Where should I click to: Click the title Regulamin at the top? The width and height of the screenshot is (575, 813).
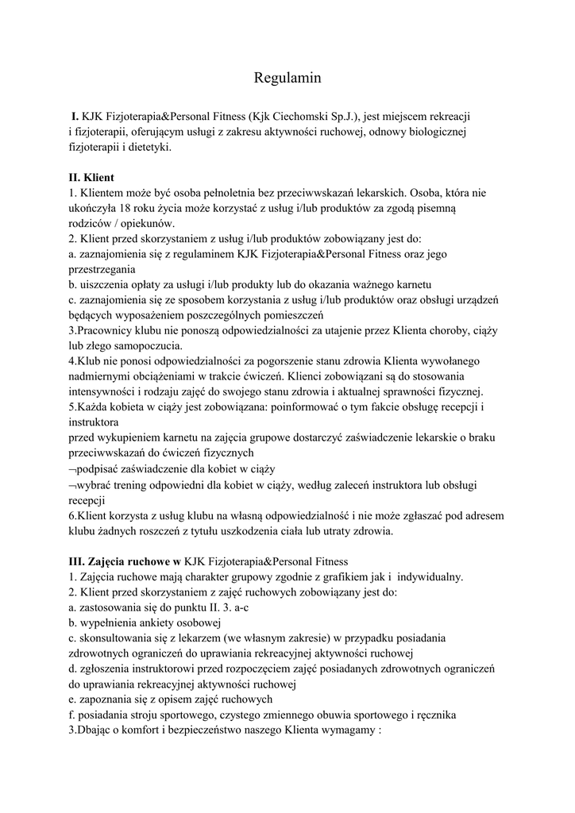coord(287,78)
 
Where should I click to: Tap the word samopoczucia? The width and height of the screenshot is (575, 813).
coord(140,345)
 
